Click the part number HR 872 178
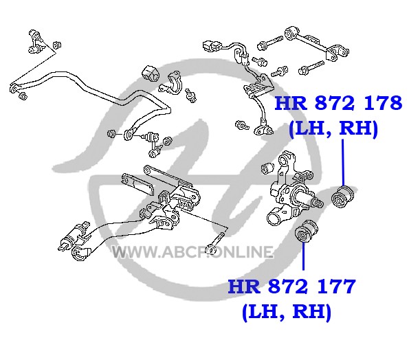pos(338,103)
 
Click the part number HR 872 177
pos(291,286)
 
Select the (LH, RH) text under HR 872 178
pos(333,128)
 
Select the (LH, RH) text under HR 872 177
pos(287,312)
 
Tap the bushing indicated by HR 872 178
pos(342,196)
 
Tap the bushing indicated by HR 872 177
pos(306,232)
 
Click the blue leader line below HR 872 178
pos(343,163)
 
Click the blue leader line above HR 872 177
pos(303,256)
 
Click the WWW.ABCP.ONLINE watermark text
pos(192,252)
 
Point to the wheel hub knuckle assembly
pos(289,190)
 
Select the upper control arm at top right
pos(316,44)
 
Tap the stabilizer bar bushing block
pos(151,73)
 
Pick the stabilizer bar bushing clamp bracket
pos(171,84)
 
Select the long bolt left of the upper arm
pos(270,43)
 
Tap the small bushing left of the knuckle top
pos(267,168)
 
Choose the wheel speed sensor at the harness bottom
pos(263,128)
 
